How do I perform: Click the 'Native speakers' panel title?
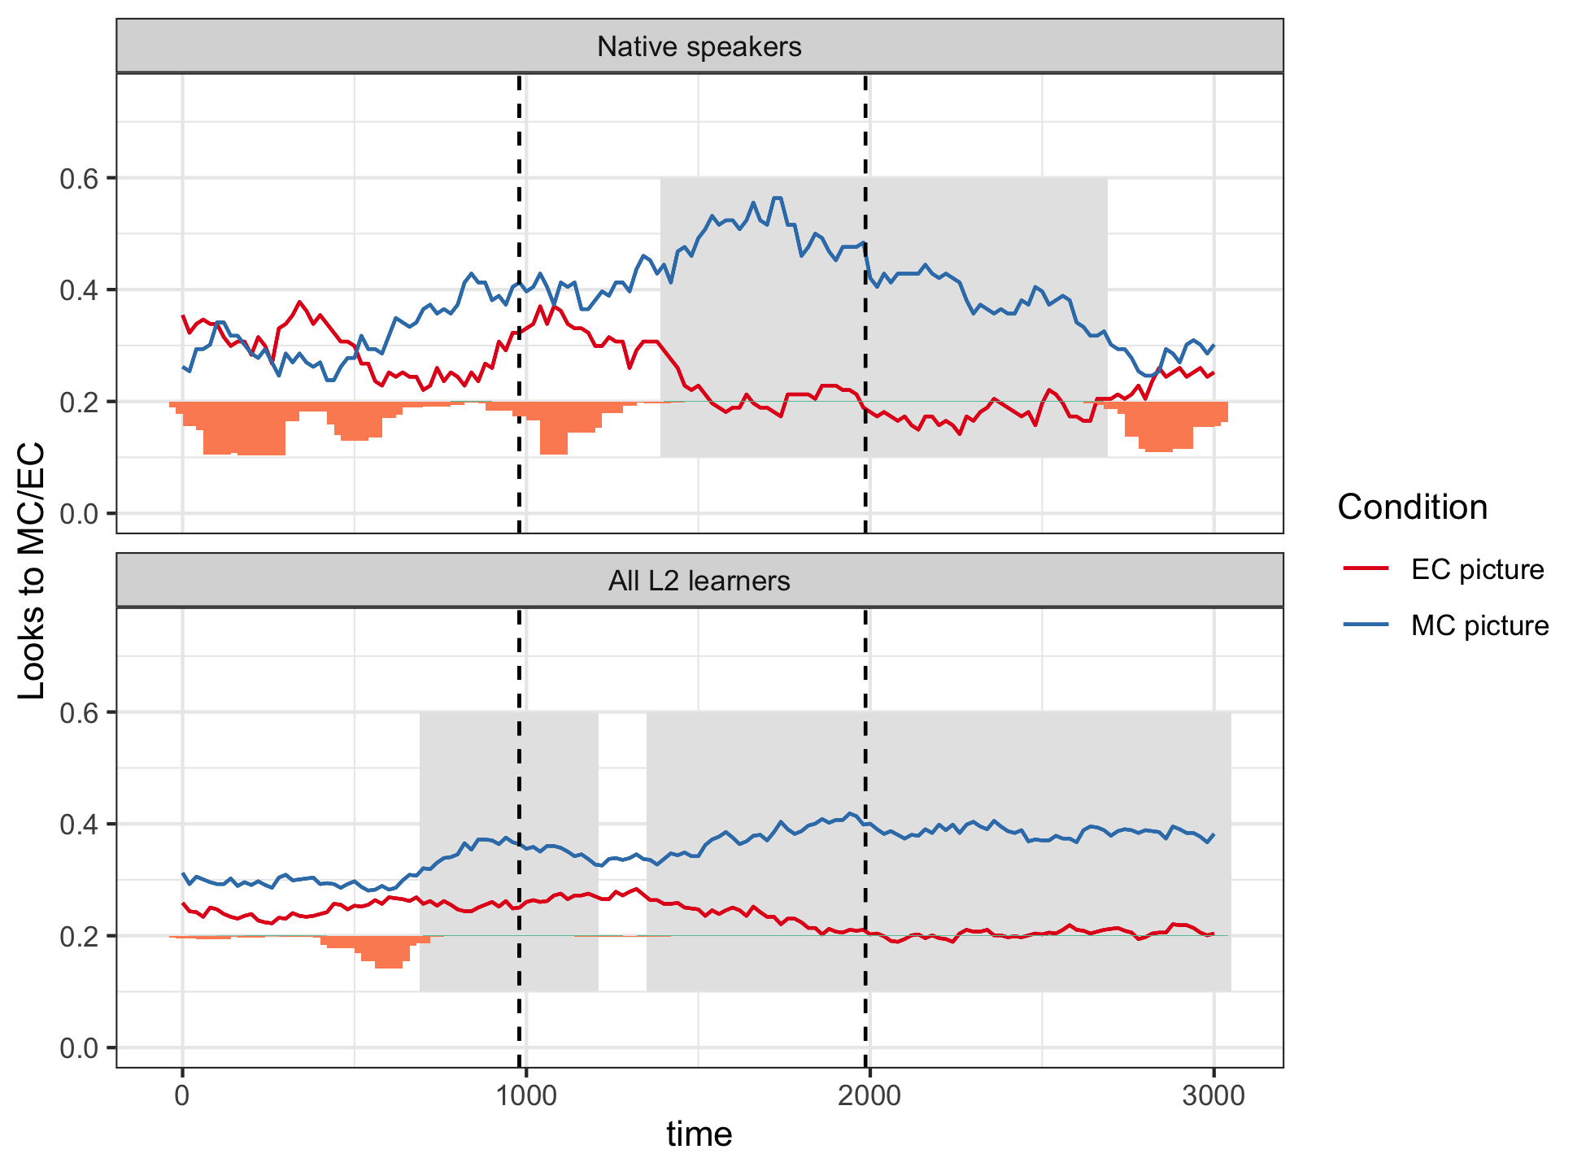click(x=699, y=47)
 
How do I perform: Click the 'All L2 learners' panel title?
click(x=699, y=581)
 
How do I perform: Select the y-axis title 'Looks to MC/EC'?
click(x=32, y=571)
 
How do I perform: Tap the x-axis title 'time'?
click(x=699, y=1134)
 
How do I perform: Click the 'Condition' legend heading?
click(x=1412, y=507)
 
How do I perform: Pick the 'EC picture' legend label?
click(x=1477, y=569)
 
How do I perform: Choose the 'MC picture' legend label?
click(x=1479, y=625)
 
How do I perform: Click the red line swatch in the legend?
click(x=1366, y=569)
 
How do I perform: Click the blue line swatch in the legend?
click(x=1366, y=625)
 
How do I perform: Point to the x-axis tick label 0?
click(x=182, y=1095)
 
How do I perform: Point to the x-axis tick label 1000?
click(x=525, y=1095)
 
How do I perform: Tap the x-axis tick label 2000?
click(x=869, y=1095)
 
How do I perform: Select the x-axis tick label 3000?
click(x=1213, y=1095)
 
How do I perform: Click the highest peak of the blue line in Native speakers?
click(x=777, y=198)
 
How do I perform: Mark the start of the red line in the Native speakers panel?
click(x=183, y=316)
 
